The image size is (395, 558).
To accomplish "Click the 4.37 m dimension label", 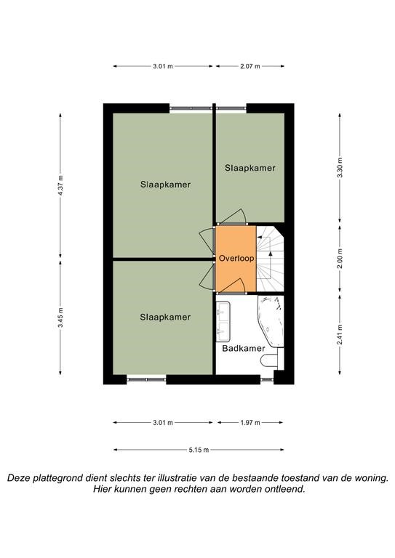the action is coord(60,185).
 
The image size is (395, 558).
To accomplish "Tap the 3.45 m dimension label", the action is coord(60,318).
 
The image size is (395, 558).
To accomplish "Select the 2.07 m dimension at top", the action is coord(250,66).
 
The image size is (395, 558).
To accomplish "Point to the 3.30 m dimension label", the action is coord(340,168).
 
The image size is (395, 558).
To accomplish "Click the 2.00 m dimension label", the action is coord(340,259).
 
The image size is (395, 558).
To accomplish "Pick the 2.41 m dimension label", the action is coord(340,334).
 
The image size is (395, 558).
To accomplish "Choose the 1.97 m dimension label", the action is coord(250,423).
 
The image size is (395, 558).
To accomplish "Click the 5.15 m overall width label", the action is coord(199,450).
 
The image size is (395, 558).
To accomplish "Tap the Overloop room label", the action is coord(236,258).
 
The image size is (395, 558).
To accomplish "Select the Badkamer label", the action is coord(244,348).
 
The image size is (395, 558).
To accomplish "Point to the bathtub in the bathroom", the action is coord(271,321).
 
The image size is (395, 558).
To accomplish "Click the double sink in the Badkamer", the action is coord(223,322).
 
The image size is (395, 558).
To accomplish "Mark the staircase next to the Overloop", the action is coord(270,259).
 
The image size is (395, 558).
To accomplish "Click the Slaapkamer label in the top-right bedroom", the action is coord(250,168).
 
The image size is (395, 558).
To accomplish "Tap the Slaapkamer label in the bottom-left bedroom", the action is coord(165,317).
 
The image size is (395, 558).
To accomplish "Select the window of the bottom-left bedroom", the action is coord(146,380).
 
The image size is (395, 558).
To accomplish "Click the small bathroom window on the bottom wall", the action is coord(267,380).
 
